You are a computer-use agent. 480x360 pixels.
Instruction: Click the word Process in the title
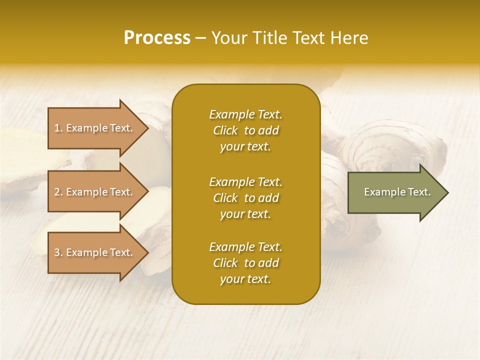point(157,38)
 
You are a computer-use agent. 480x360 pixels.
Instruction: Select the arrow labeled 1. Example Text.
point(95,128)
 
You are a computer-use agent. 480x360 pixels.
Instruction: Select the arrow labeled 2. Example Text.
point(95,192)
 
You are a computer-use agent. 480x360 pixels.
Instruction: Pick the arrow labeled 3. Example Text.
point(95,252)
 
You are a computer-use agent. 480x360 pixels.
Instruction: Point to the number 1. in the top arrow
point(58,128)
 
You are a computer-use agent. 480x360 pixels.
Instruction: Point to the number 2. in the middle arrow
point(58,192)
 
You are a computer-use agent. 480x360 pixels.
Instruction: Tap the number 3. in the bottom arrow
point(58,252)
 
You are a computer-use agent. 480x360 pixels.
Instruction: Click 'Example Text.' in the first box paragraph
point(245,114)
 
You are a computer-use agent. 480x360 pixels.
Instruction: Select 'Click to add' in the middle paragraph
point(245,198)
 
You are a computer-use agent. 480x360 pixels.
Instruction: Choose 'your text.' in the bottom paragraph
point(245,279)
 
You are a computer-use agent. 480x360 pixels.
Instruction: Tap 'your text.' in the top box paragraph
point(245,147)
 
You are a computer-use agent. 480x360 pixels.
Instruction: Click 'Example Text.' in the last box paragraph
point(245,247)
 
